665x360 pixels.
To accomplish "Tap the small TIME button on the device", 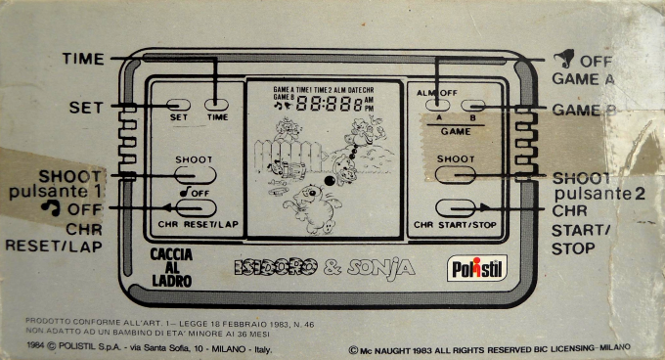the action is [217, 104].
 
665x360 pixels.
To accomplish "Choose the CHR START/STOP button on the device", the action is [457, 208].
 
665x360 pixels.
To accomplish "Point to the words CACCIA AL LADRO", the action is [170, 267].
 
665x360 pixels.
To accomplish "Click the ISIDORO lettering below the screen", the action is [272, 266].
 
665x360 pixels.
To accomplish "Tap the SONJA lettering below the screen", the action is [384, 266].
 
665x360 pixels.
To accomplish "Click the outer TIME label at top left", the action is [83, 60].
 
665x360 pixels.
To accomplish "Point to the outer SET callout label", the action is [86, 107].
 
